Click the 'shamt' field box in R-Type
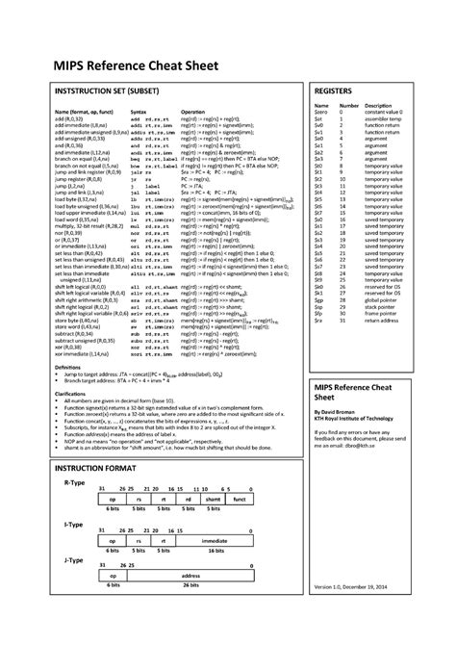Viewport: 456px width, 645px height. point(214,501)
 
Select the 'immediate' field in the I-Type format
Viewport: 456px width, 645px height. point(214,542)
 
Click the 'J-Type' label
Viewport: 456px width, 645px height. point(74,558)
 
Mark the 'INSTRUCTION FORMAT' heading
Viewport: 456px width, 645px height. point(93,466)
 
